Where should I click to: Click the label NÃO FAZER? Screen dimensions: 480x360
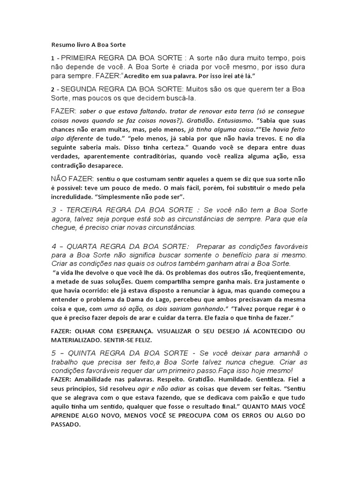tap(72, 179)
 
